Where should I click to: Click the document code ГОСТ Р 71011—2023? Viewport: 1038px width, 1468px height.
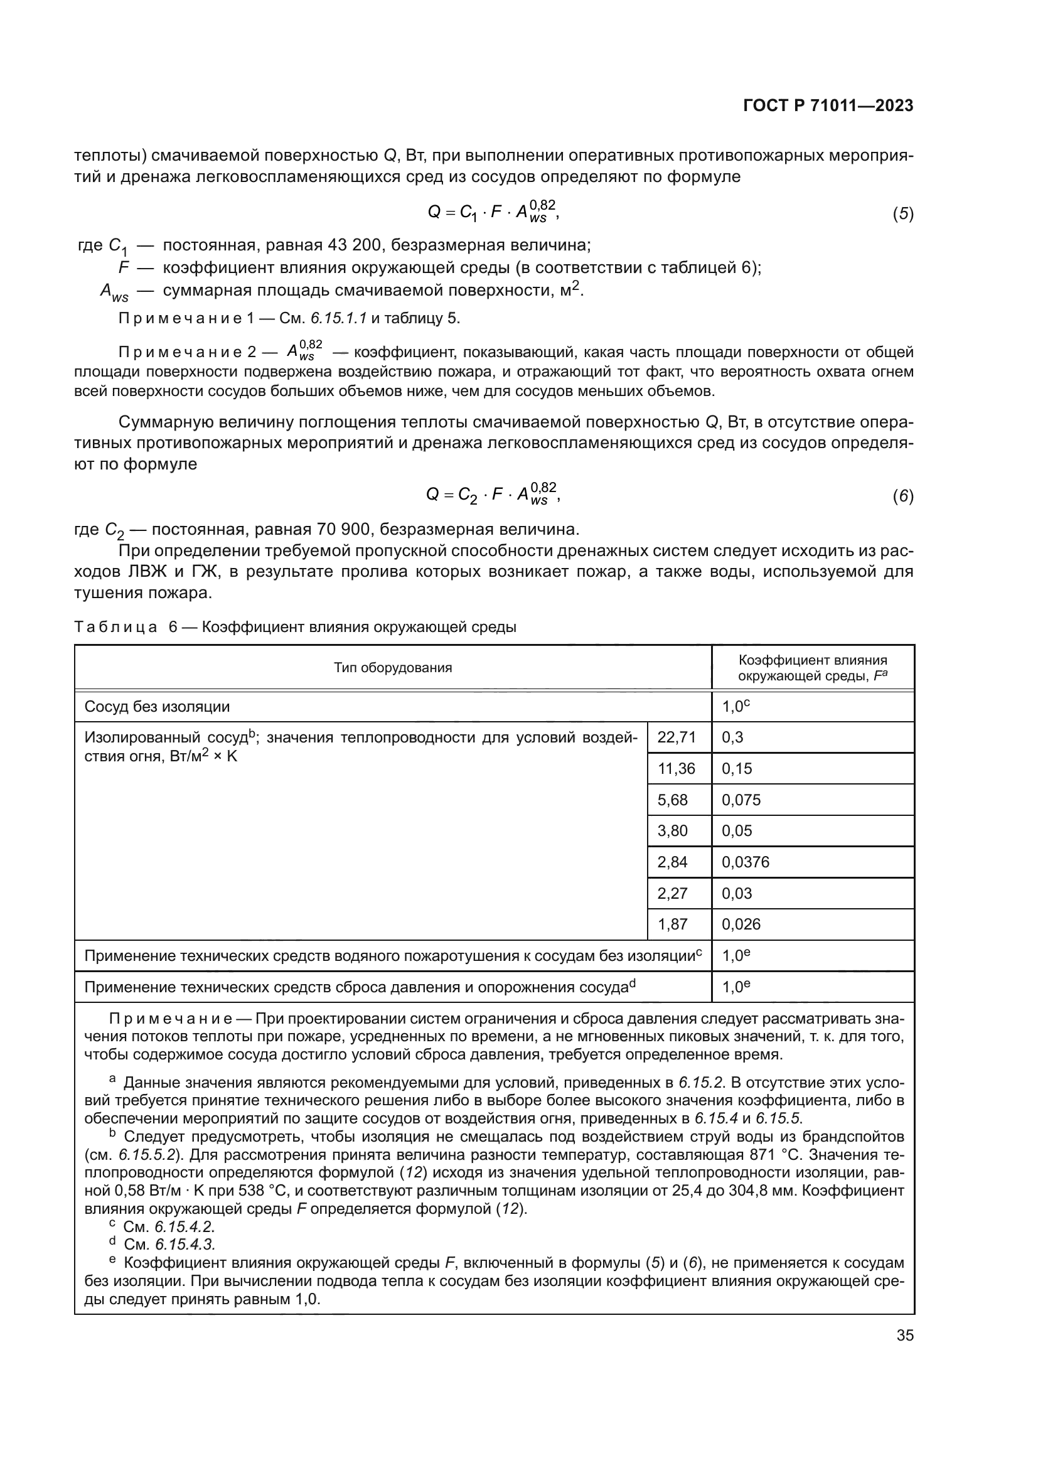tap(828, 106)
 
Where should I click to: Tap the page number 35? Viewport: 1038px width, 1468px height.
tap(904, 1335)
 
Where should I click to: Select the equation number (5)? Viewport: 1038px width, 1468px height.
tap(902, 214)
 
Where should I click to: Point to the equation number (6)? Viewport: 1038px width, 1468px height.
tap(902, 496)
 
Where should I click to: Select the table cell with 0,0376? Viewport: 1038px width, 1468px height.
tap(746, 862)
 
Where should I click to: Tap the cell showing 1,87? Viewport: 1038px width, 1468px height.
tap(672, 924)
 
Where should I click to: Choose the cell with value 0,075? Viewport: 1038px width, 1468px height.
tap(741, 800)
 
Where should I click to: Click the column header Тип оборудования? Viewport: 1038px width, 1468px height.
tap(392, 668)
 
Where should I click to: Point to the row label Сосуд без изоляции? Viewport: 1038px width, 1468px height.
tap(158, 707)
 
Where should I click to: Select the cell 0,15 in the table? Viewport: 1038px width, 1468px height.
tap(737, 769)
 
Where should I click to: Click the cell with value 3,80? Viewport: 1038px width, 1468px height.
tap(672, 830)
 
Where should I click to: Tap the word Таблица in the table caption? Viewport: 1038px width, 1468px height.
tap(115, 627)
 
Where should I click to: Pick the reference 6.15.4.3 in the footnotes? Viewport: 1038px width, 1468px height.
tap(185, 1244)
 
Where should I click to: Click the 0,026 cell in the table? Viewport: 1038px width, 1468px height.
tap(741, 924)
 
